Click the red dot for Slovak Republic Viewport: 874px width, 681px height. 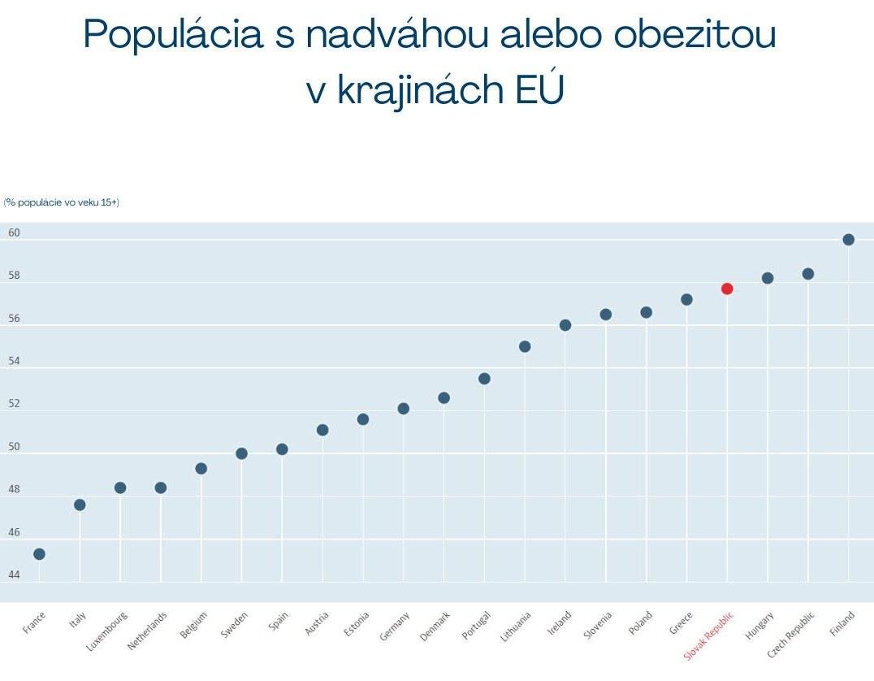coord(727,288)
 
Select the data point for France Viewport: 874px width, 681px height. coord(39,554)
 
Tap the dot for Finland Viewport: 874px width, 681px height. coord(849,240)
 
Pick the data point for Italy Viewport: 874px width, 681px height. coord(80,505)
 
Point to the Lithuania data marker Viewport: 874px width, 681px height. coord(525,347)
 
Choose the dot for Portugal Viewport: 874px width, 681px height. coord(485,379)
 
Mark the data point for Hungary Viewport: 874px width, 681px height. coord(768,278)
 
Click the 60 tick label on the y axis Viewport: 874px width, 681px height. coord(14,233)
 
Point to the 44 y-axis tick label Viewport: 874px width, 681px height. coord(14,575)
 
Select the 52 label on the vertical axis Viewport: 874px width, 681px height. coord(14,404)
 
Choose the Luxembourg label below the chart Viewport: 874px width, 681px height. coord(106,631)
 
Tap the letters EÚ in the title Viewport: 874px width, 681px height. coord(539,89)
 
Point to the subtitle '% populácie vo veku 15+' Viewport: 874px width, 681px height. coord(61,202)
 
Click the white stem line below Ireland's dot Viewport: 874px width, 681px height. coord(565,455)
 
